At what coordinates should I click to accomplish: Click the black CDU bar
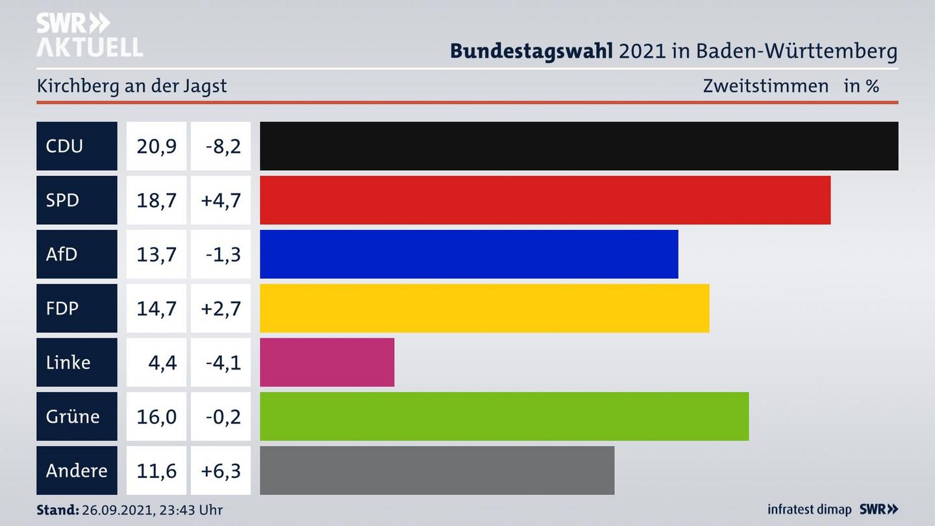(x=579, y=146)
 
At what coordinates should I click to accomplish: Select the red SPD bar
(x=545, y=200)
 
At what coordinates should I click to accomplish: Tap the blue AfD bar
(x=469, y=254)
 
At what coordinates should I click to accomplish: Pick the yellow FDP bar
(x=484, y=308)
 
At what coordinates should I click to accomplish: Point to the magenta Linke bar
(x=327, y=362)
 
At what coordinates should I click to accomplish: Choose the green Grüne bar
(x=504, y=416)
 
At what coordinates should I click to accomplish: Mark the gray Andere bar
(x=437, y=470)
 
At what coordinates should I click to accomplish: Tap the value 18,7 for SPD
(x=156, y=200)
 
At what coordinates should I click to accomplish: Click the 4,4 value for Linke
(x=162, y=362)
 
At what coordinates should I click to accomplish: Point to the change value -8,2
(x=223, y=146)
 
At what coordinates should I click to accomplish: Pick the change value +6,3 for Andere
(x=221, y=470)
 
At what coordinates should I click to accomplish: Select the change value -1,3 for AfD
(x=223, y=254)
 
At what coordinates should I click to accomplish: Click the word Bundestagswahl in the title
(x=531, y=51)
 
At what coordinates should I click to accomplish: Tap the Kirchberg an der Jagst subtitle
(x=132, y=86)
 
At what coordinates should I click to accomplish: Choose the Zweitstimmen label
(x=766, y=86)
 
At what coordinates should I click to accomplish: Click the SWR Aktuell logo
(x=89, y=35)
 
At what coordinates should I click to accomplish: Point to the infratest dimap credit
(x=809, y=510)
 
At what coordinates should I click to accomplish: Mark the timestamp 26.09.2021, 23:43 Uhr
(x=152, y=510)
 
